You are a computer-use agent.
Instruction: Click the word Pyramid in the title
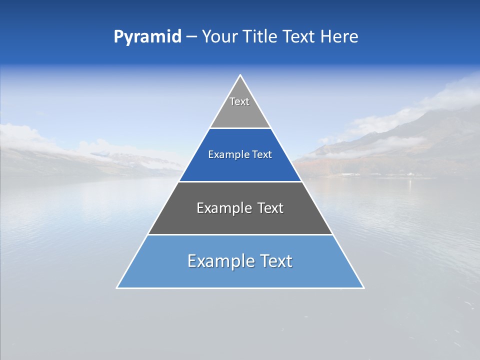[x=147, y=37]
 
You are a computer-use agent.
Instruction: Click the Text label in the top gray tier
[x=239, y=101]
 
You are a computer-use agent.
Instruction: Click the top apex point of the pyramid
[x=240, y=75]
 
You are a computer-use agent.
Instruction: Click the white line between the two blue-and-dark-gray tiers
[x=240, y=181]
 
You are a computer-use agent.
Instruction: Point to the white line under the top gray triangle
[x=240, y=128]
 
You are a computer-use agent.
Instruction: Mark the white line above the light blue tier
[x=240, y=234]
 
